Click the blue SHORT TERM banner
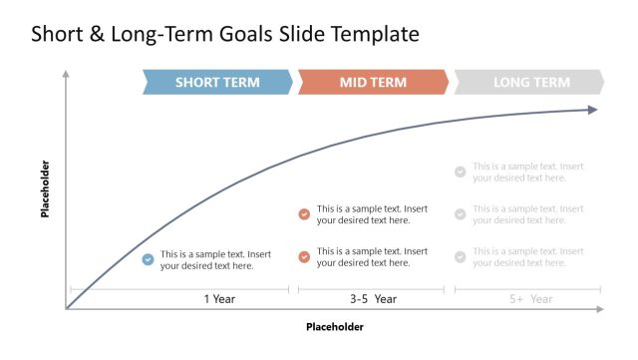pos(217,83)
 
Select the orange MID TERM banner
pos(373,83)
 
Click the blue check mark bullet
pos(148,259)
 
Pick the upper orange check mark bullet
pos(304,214)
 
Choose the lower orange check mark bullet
pos(304,257)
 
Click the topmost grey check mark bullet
pos(460,172)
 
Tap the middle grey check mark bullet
pos(460,214)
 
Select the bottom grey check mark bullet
pos(460,257)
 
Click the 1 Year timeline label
pos(219,298)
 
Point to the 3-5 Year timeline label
pos(373,298)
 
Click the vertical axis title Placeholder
pos(45,188)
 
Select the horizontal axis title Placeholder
pos(335,326)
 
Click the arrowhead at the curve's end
pos(592,109)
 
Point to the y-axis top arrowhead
pos(66,73)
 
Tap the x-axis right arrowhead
pos(600,309)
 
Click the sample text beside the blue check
pos(215,259)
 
